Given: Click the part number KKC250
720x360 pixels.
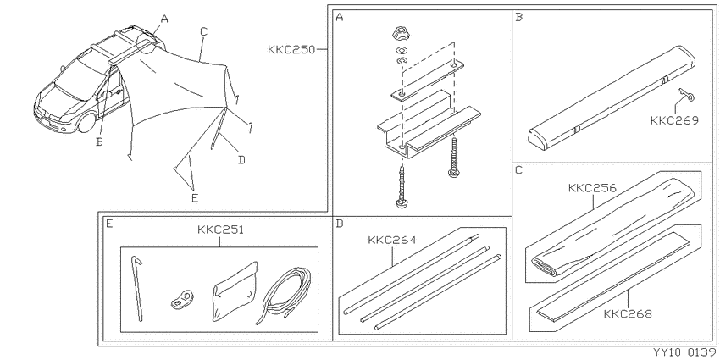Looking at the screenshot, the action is pyautogui.click(x=292, y=49).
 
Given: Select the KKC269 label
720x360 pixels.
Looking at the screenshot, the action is pyautogui.click(x=674, y=120).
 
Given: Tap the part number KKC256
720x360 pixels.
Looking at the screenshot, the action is pyautogui.click(x=592, y=188).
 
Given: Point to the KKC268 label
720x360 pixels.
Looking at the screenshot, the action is pyautogui.click(x=628, y=314).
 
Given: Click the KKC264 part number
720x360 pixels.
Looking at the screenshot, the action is pyautogui.click(x=391, y=240).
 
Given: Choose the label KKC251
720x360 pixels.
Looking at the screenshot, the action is pyautogui.click(x=220, y=230).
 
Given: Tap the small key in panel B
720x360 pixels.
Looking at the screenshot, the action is pyautogui.click(x=684, y=95).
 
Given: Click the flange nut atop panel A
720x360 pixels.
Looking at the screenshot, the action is pyautogui.click(x=401, y=34).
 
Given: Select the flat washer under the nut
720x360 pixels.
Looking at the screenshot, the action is pyautogui.click(x=401, y=50).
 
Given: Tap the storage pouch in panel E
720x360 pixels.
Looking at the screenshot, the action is pyautogui.click(x=235, y=291).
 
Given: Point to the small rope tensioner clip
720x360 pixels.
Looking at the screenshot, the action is pyautogui.click(x=182, y=299).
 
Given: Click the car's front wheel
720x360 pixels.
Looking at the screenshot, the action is pyautogui.click(x=86, y=122).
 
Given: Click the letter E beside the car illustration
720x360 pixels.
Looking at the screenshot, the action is pyautogui.click(x=195, y=198).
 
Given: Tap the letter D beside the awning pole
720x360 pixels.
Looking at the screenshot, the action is pyautogui.click(x=242, y=160).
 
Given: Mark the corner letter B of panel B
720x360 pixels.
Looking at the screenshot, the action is pyautogui.click(x=519, y=18).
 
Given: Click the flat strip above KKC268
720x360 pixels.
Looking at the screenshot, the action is pyautogui.click(x=612, y=275).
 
